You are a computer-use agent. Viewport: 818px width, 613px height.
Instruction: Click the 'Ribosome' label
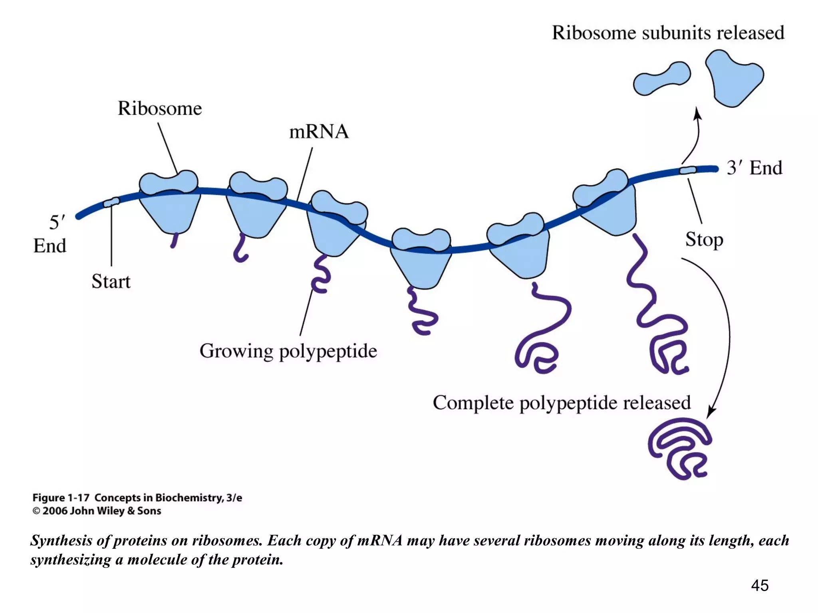click(x=160, y=109)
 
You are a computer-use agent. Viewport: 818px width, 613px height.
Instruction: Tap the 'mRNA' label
click(x=319, y=132)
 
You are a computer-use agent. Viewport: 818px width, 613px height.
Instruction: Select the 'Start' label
click(x=111, y=281)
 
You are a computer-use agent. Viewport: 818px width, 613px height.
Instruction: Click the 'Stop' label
click(x=704, y=239)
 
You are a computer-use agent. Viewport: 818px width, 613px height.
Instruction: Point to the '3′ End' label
click(x=754, y=168)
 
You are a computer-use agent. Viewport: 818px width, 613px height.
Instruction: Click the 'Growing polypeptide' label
click(x=288, y=351)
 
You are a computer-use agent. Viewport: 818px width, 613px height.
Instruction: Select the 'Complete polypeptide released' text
click(x=562, y=402)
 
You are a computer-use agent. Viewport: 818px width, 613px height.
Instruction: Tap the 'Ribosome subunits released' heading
click(x=668, y=33)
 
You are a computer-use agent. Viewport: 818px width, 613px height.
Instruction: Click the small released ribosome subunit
click(x=661, y=78)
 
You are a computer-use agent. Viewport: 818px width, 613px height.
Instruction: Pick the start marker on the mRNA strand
click(x=111, y=202)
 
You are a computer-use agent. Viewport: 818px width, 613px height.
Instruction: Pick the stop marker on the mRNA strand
click(x=688, y=170)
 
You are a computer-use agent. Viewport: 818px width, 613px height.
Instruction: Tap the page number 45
click(x=760, y=585)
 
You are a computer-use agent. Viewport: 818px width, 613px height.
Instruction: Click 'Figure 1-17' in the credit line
click(x=61, y=498)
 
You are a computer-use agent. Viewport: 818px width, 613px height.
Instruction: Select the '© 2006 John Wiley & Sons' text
click(x=97, y=511)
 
